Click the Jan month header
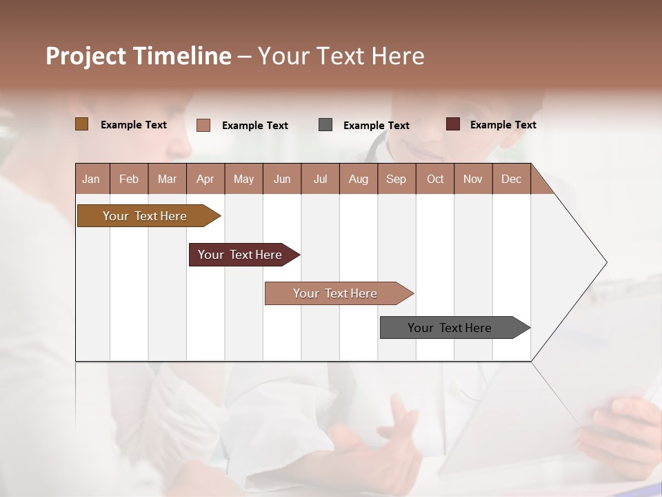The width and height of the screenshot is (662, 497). (91, 179)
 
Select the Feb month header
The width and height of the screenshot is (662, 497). (129, 179)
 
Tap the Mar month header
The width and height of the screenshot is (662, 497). (167, 179)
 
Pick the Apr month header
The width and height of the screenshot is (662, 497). (205, 179)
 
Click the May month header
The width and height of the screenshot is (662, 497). (243, 179)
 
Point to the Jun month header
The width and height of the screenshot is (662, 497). (282, 179)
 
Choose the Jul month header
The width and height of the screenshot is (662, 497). (320, 179)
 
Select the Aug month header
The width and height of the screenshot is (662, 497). (359, 179)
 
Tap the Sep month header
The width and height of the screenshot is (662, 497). (397, 179)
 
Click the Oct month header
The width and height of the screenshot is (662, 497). (435, 179)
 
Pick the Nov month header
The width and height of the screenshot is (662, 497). (473, 179)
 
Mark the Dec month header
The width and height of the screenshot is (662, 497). (512, 179)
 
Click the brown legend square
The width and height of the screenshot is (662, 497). (82, 124)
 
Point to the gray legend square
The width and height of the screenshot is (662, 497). (325, 125)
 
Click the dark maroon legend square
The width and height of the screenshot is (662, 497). (453, 124)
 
